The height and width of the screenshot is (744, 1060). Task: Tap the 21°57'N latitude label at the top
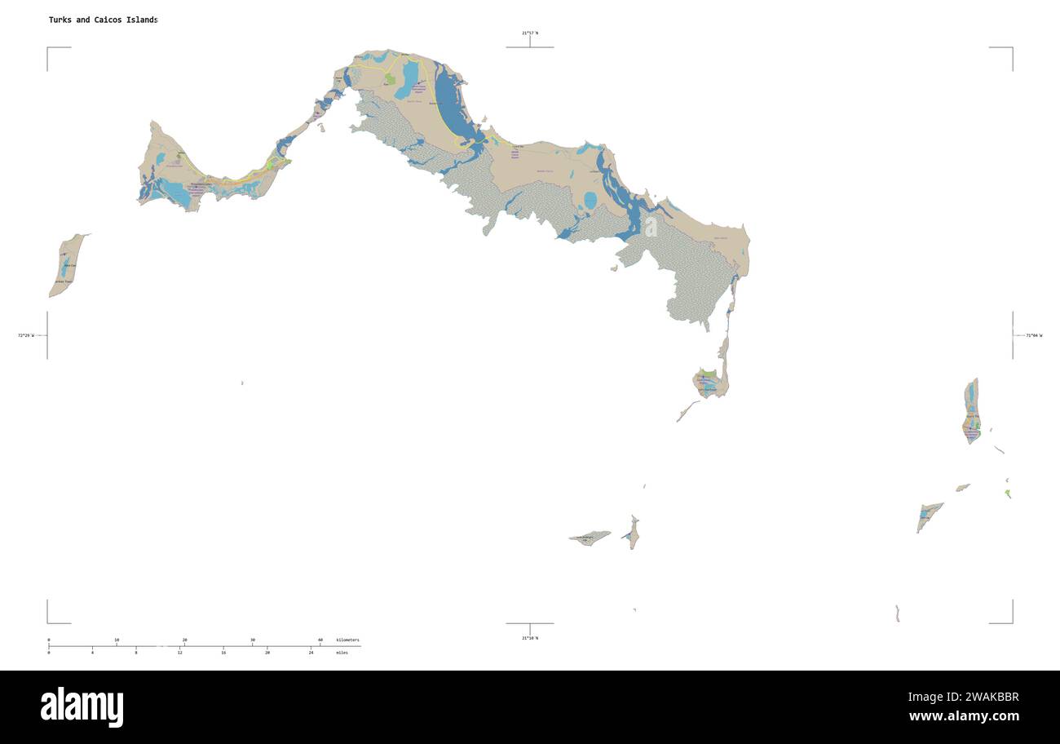(530, 33)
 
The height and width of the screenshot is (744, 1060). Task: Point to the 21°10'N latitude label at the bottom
(530, 638)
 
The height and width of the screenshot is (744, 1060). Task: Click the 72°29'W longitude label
(26, 335)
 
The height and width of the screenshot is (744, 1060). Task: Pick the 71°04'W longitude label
(1033, 335)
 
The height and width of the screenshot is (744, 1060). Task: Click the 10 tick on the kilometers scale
(117, 640)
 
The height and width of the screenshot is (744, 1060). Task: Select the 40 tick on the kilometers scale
(320, 640)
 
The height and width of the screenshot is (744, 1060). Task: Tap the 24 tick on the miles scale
(311, 653)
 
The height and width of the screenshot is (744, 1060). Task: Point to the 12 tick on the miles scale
(179, 653)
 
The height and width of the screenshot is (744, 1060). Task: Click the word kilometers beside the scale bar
(347, 640)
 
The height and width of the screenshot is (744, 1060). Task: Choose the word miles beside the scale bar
(342, 653)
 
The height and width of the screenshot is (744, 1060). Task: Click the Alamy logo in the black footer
(82, 706)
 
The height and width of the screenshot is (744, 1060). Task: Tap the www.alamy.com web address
(964, 716)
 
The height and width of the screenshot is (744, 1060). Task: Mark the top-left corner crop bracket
(49, 49)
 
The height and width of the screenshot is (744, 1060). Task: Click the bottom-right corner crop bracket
(1010, 621)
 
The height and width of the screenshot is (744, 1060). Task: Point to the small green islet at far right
(1009, 493)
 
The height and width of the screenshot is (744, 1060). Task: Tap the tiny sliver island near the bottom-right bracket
(897, 613)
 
